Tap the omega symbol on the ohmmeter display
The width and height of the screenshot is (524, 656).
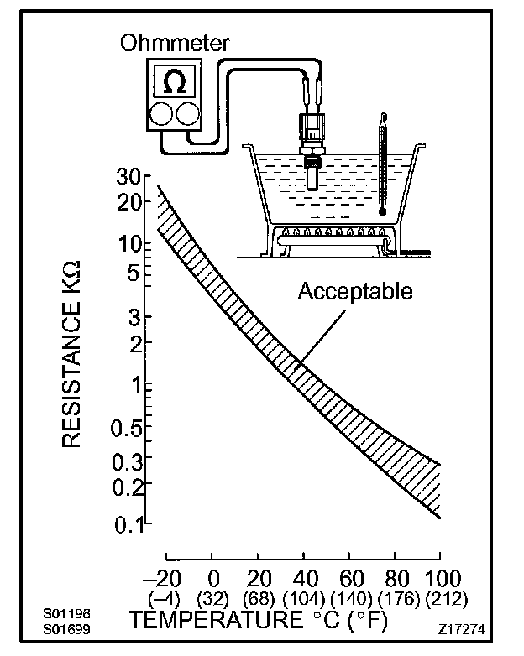pos(175,82)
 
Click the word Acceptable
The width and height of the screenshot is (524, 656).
pos(356,291)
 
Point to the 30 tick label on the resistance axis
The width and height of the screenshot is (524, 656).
pos(128,178)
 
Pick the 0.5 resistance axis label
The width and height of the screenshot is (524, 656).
pos(128,430)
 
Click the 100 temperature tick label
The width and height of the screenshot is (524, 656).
pos(437,580)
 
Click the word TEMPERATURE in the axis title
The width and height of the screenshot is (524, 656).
pos(213,622)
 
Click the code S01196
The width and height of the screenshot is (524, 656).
pos(66,613)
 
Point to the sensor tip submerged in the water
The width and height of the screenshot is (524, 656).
pos(313,179)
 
